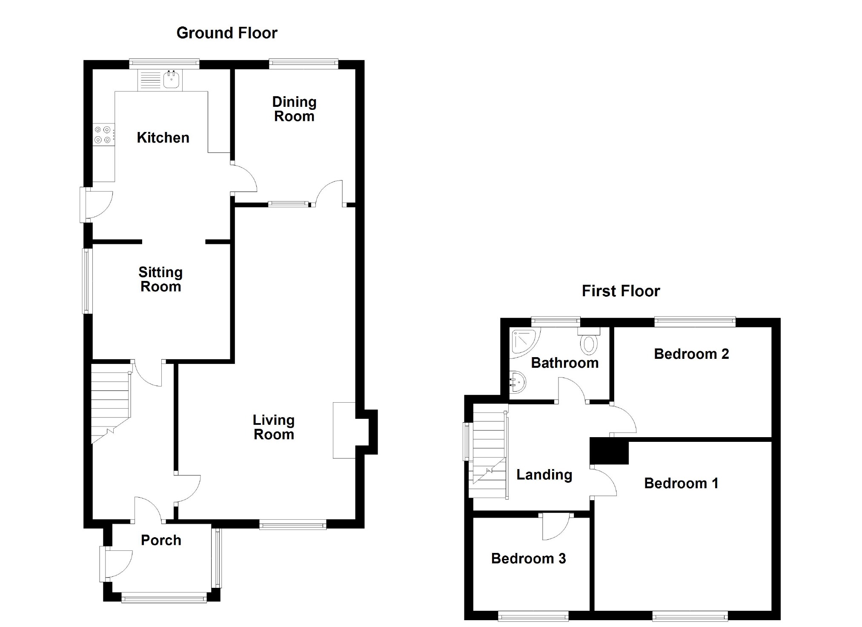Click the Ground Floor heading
pyautogui.click(x=227, y=33)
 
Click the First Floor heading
pyautogui.click(x=621, y=291)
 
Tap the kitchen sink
pyautogui.click(x=171, y=80)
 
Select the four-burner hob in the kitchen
pyautogui.click(x=103, y=135)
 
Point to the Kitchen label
pyautogui.click(x=163, y=137)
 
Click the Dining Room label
pyautogui.click(x=294, y=109)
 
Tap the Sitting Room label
pyautogui.click(x=160, y=279)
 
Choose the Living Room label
pyautogui.click(x=274, y=427)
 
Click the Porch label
pyautogui.click(x=161, y=540)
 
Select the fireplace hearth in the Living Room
pyautogui.click(x=344, y=430)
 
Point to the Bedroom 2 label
pyautogui.click(x=691, y=354)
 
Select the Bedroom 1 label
pyautogui.click(x=681, y=483)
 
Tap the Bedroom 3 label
pyautogui.click(x=528, y=558)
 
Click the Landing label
pyautogui.click(x=544, y=475)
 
